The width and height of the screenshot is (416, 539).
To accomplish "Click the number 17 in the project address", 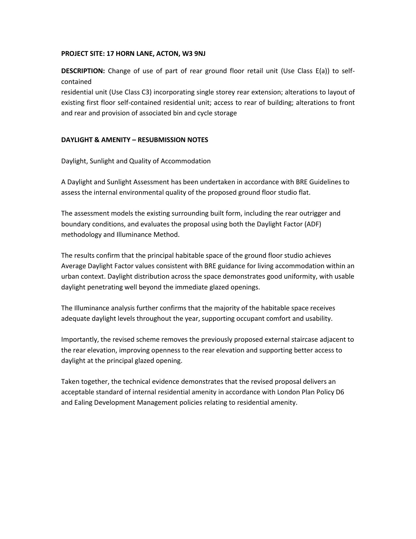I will point(110,54).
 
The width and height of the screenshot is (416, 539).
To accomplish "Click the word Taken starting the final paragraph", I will point(69,382).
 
